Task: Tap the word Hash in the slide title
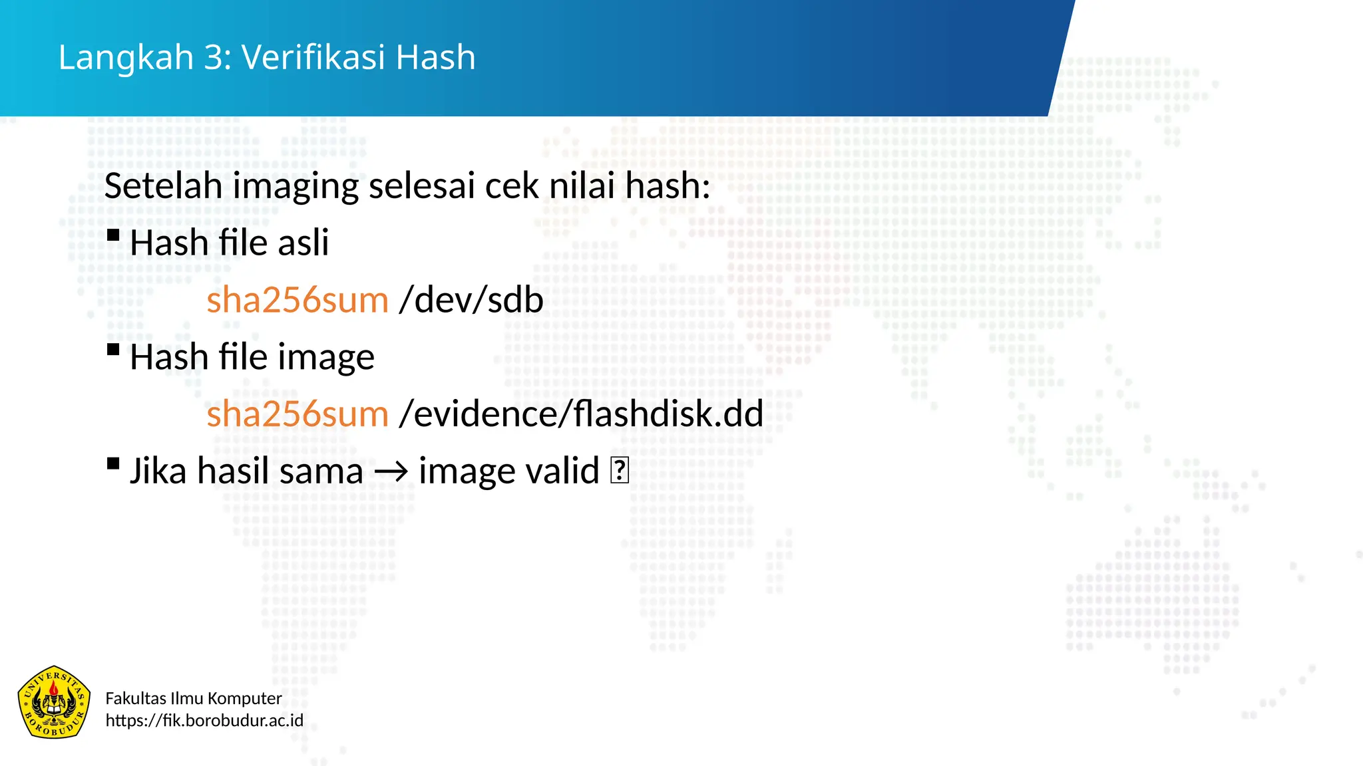click(436, 57)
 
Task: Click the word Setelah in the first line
click(163, 186)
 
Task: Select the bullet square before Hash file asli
click(113, 235)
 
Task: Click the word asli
click(303, 243)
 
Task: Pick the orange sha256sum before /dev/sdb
click(297, 300)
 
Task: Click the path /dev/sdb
click(471, 300)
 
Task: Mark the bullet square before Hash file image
click(113, 349)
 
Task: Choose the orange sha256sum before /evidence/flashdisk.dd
click(297, 414)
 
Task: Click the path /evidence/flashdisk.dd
click(581, 414)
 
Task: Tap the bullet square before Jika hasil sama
click(113, 463)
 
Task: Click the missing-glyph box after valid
click(619, 471)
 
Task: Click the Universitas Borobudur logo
click(54, 702)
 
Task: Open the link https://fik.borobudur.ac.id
click(204, 721)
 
